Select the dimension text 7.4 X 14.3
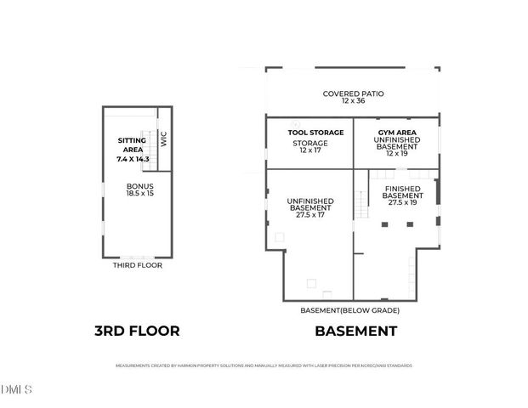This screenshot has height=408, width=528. tap(132, 159)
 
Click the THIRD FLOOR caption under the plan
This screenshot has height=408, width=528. tap(138, 265)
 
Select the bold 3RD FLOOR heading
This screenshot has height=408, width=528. tap(137, 331)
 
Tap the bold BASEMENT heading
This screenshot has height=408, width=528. tap(355, 331)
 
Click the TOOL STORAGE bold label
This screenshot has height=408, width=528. tap(309, 133)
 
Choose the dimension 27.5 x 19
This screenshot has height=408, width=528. tap(403, 202)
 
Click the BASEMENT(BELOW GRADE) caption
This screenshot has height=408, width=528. tap(350, 310)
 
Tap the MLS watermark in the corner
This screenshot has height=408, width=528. tap(17, 390)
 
